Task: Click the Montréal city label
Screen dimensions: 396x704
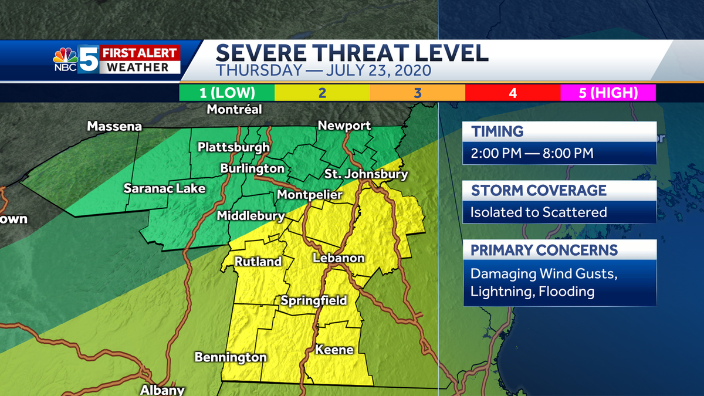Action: tap(235, 110)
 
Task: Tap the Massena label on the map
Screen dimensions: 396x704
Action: tap(114, 126)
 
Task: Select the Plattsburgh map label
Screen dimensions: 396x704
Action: tap(233, 147)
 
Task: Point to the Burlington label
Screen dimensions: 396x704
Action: tap(252, 168)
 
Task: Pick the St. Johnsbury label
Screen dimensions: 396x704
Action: tap(366, 174)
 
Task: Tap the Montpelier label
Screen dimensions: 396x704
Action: tap(306, 194)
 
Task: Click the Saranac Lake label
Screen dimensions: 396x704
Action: tap(164, 188)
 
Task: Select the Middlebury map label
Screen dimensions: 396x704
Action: tap(251, 216)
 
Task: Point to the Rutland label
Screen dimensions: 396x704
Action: tap(259, 262)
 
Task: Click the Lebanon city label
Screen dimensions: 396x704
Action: tap(339, 258)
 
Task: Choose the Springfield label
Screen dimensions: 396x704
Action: tap(313, 301)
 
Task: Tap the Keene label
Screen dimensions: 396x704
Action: tap(334, 350)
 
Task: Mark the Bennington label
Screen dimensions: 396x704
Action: tap(231, 357)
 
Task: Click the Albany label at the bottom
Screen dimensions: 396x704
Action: tap(163, 390)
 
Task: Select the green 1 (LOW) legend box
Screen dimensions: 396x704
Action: tap(227, 93)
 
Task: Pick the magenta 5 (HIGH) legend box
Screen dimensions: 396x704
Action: tap(608, 93)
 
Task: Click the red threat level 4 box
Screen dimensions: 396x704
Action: tap(513, 93)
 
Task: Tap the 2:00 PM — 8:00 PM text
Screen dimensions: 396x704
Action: tap(532, 154)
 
